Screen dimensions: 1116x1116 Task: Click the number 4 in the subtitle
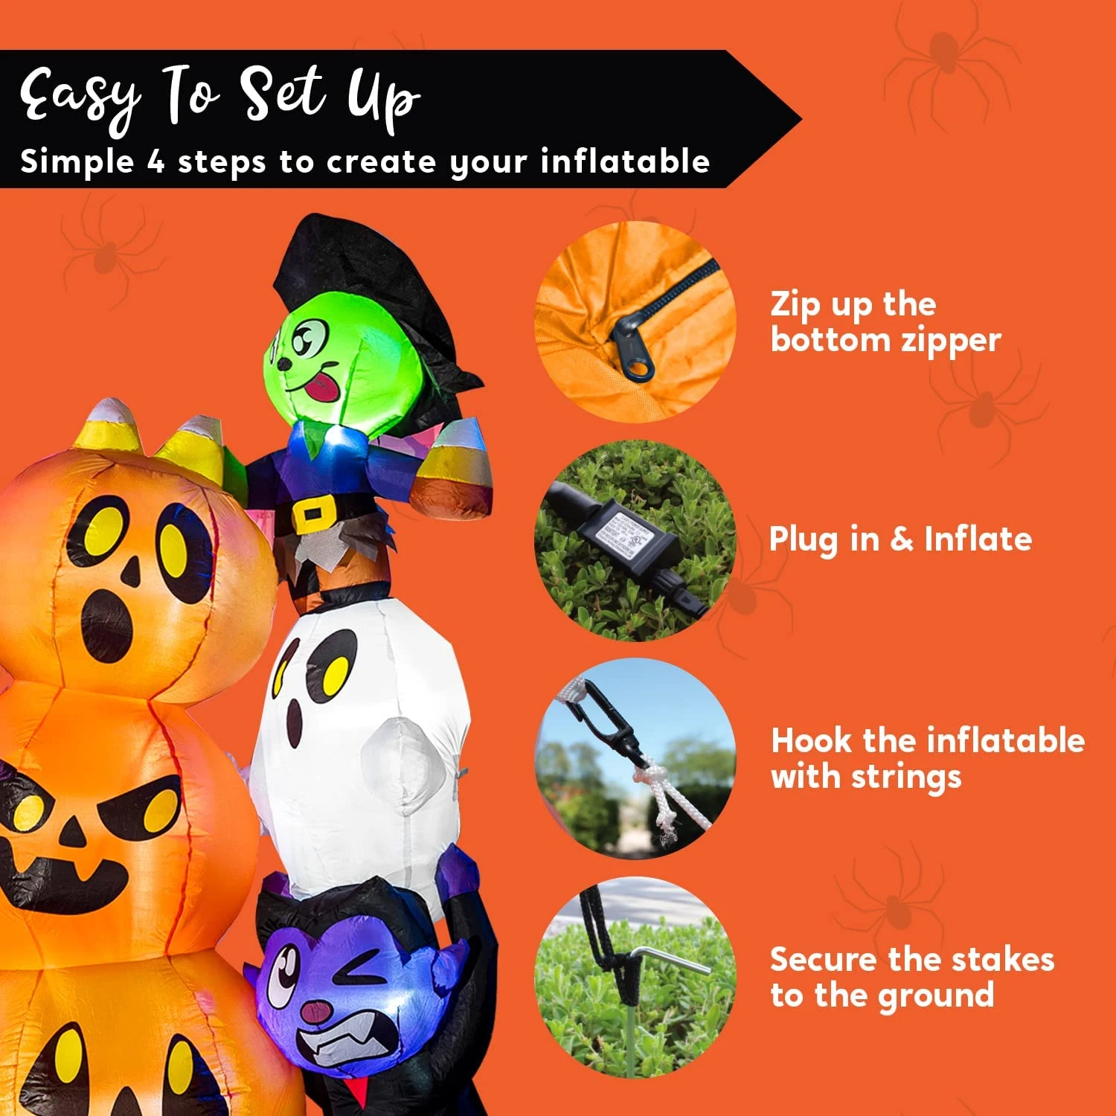(x=155, y=161)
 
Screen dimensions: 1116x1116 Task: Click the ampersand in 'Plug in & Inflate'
(x=901, y=539)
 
